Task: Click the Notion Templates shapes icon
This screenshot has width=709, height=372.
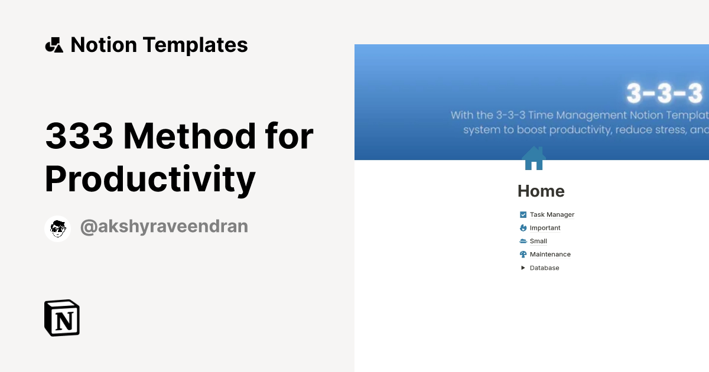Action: click(54, 45)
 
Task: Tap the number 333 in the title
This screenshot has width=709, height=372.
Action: click(79, 136)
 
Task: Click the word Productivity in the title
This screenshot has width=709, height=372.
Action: click(150, 179)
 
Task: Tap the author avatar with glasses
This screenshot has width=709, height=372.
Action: click(58, 229)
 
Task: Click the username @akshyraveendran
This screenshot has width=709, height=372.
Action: click(164, 227)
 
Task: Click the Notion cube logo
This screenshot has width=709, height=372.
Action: click(62, 318)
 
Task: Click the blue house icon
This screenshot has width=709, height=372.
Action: click(534, 158)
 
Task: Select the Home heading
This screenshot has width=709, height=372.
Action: click(541, 191)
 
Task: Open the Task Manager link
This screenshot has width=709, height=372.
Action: click(552, 215)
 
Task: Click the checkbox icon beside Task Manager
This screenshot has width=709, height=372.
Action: click(523, 215)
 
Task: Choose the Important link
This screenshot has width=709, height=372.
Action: click(545, 228)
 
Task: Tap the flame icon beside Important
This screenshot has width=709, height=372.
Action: click(523, 228)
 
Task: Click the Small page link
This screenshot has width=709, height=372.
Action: click(538, 242)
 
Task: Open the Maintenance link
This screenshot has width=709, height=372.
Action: click(550, 254)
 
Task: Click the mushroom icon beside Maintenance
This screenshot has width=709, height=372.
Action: click(523, 254)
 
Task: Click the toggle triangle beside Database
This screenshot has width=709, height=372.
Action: click(523, 268)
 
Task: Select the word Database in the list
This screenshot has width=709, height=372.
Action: click(544, 268)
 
